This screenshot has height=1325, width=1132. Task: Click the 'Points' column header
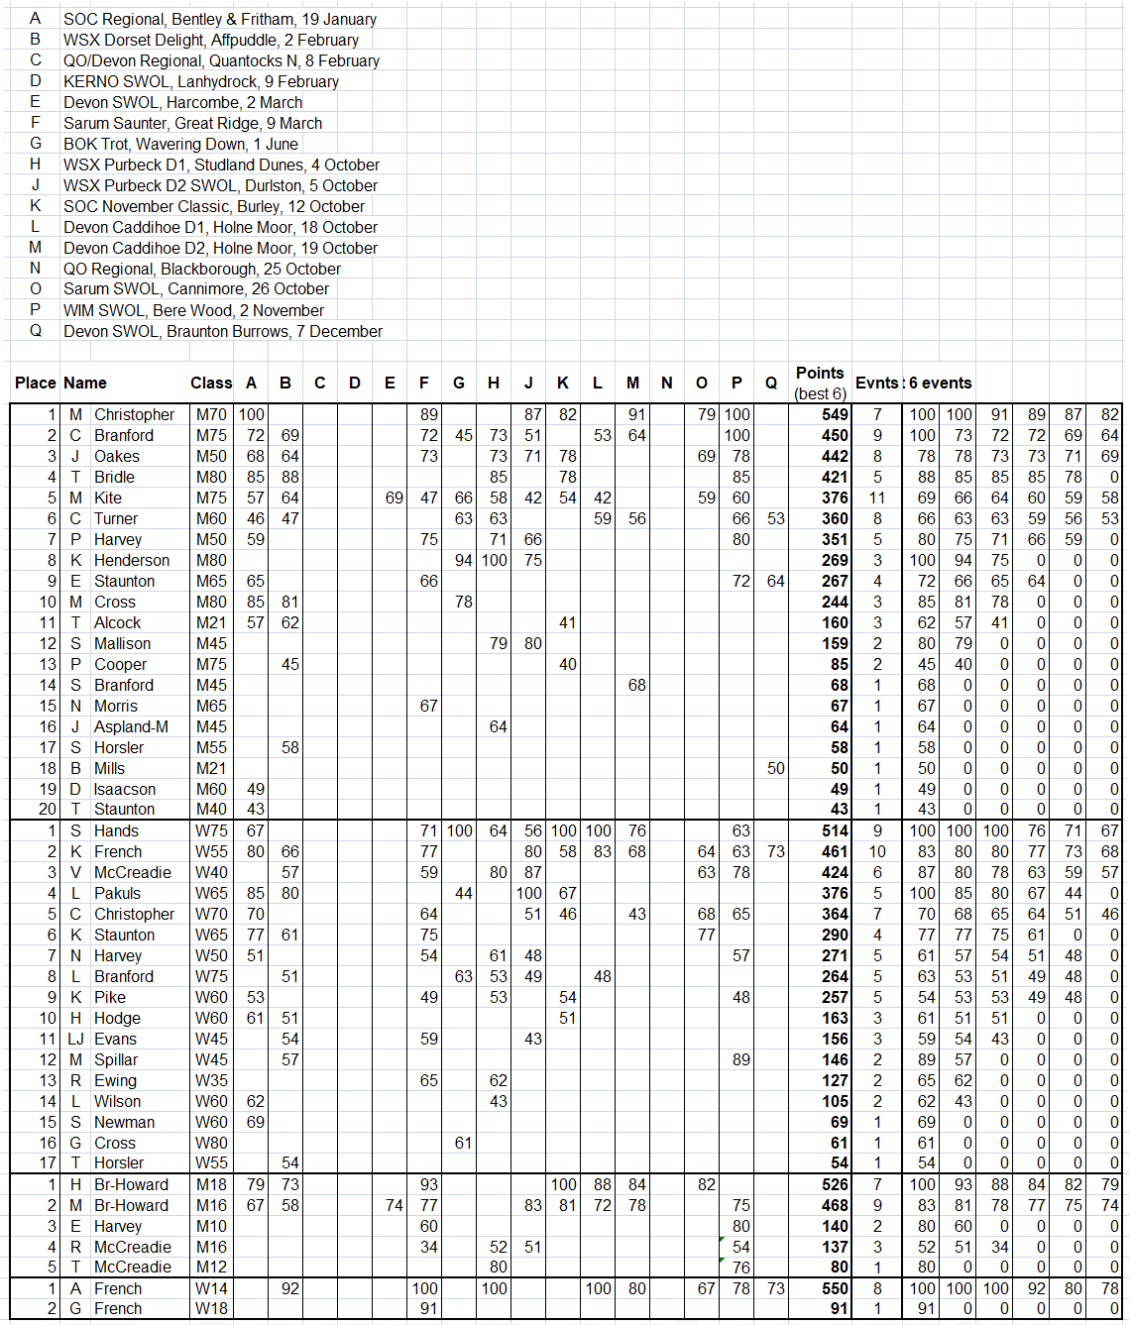[819, 374]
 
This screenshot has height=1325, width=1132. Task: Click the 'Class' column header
[211, 384]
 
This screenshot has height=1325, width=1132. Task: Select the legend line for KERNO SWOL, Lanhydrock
[200, 82]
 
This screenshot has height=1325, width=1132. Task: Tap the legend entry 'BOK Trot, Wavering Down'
[180, 145]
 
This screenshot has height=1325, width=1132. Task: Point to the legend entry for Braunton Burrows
[222, 332]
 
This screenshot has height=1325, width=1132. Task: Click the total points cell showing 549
[835, 415]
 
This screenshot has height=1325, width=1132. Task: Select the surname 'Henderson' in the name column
[132, 561]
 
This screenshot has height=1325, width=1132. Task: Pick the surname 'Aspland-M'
[131, 727]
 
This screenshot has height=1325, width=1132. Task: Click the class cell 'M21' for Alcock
[211, 623]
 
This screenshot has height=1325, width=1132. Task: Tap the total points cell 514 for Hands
[835, 831]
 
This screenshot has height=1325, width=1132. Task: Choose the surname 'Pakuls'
[117, 894]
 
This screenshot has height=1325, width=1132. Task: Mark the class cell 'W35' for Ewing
[211, 1081]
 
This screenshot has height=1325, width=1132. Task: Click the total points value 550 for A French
[835, 1289]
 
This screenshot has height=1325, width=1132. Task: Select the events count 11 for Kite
[877, 498]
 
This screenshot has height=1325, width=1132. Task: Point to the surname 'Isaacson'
[125, 790]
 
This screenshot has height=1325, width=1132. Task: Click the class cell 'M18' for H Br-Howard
[211, 1185]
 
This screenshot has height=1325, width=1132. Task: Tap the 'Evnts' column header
[876, 384]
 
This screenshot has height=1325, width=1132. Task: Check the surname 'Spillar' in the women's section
[116, 1060]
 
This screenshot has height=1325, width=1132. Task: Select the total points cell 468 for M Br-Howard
[835, 1206]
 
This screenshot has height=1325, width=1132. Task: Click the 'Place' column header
[35, 384]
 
